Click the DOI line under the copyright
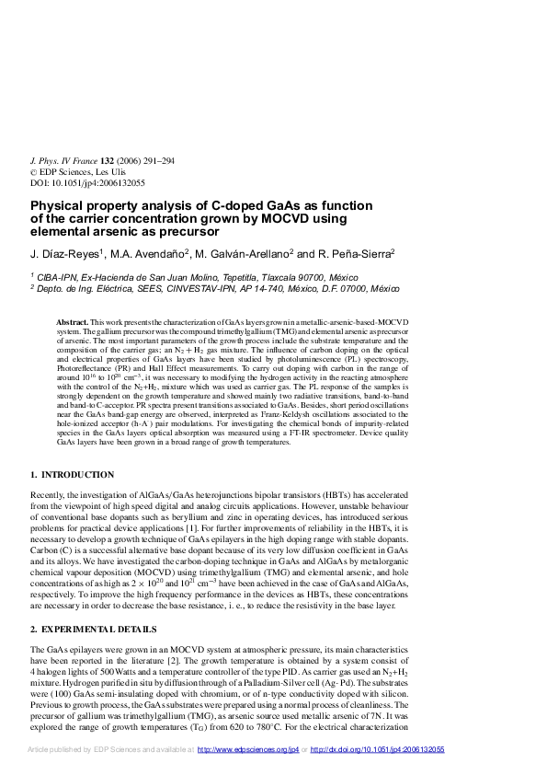(88, 182)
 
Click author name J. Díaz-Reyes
(65, 253)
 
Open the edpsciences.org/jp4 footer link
(249, 750)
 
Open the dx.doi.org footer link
(378, 750)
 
